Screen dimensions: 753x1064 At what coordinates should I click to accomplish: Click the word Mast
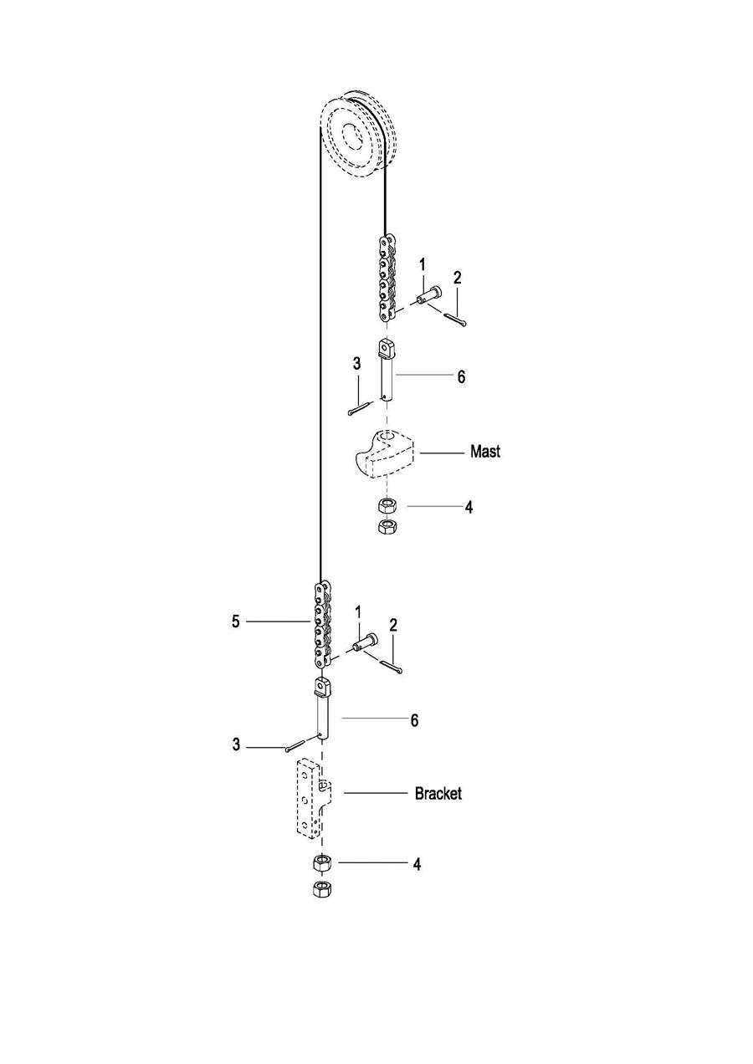click(485, 451)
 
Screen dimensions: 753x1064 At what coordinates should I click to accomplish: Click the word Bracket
click(438, 793)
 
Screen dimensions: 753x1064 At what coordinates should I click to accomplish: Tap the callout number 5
click(236, 622)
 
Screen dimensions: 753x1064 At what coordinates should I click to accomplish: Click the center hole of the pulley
click(351, 136)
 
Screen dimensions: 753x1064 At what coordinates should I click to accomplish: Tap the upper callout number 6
click(461, 377)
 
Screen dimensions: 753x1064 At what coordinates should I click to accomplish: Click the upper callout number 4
click(469, 507)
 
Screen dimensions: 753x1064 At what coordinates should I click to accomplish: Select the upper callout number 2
click(457, 278)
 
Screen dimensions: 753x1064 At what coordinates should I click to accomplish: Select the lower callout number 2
click(393, 626)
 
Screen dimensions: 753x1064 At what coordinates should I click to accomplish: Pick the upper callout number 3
click(356, 364)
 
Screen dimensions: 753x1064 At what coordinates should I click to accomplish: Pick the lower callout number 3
click(236, 744)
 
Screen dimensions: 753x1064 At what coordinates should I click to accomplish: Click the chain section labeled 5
click(322, 625)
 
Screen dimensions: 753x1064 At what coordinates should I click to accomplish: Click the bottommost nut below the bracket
click(323, 888)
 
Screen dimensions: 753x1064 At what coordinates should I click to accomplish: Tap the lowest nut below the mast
click(387, 527)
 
